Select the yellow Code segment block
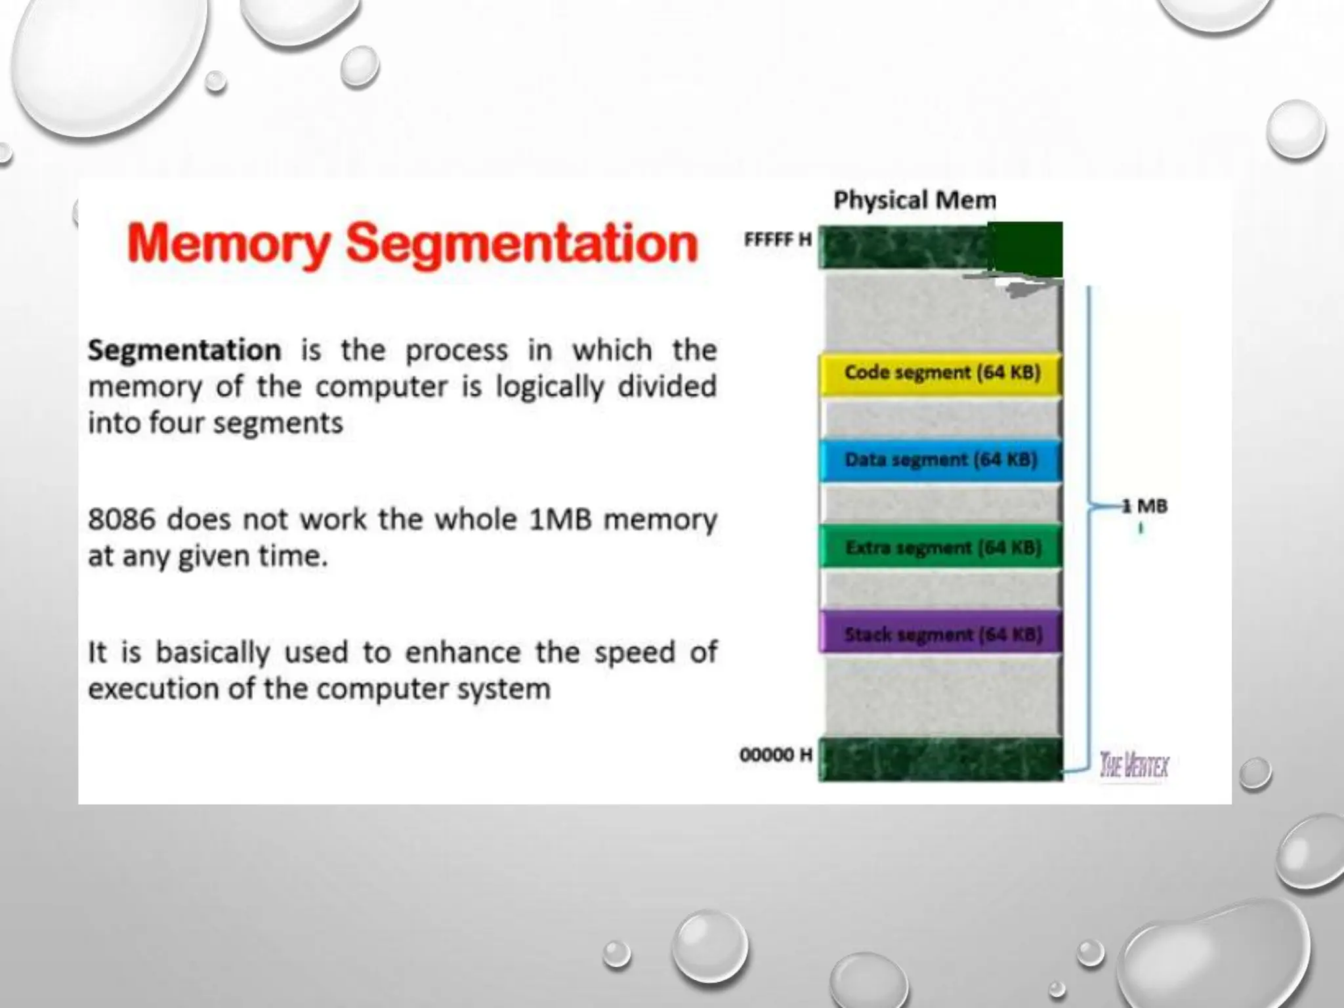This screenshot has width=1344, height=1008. pyautogui.click(x=941, y=373)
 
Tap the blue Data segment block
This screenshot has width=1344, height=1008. pyautogui.click(x=941, y=460)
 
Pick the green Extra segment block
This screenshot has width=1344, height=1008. pyautogui.click(x=941, y=547)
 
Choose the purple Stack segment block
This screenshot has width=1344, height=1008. pyautogui.click(x=941, y=634)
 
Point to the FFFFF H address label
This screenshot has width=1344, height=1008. pyautogui.click(x=778, y=240)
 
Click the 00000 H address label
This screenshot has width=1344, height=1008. pyautogui.click(x=776, y=755)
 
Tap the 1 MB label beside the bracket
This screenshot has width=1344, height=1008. pyautogui.click(x=1144, y=506)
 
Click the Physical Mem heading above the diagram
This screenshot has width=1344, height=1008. pyautogui.click(x=914, y=200)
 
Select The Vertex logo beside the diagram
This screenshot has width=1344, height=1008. pyautogui.click(x=1134, y=765)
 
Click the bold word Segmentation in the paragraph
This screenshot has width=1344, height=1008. pyautogui.click(x=184, y=350)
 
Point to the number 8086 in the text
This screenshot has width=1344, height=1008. pyautogui.click(x=121, y=520)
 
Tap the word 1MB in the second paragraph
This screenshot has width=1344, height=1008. pyautogui.click(x=560, y=520)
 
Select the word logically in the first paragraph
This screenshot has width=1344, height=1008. pyautogui.click(x=549, y=387)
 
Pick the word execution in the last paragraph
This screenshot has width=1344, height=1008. pyautogui.click(x=152, y=689)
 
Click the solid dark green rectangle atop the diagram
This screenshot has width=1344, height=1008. pyautogui.click(x=1025, y=249)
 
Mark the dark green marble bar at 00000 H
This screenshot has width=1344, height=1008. pyautogui.click(x=941, y=760)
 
